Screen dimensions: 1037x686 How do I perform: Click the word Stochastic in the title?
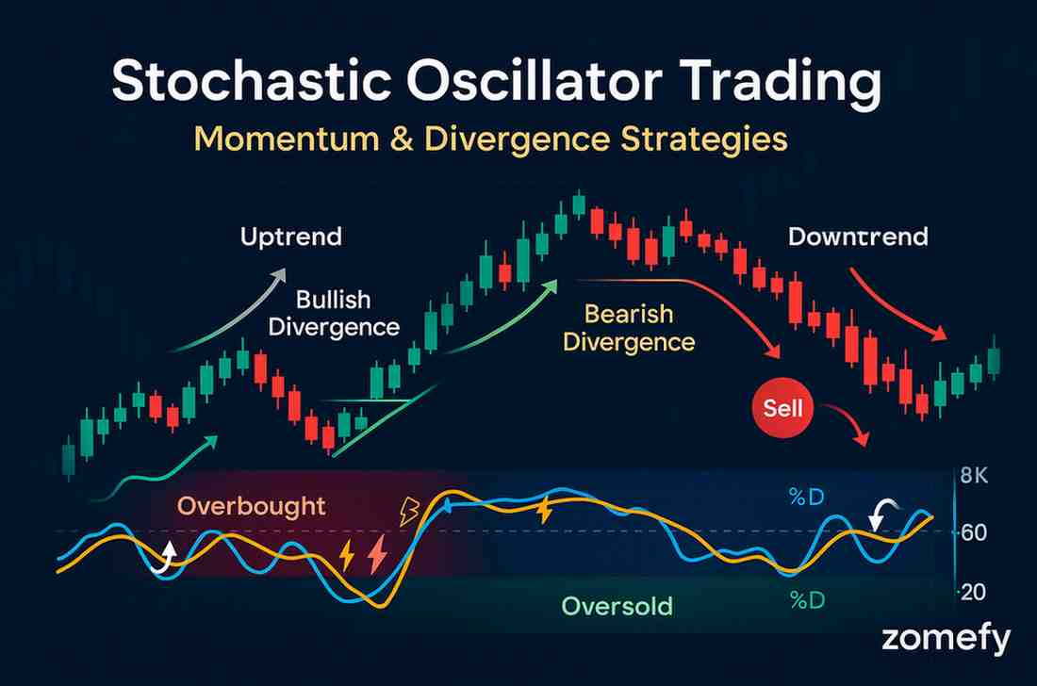pyautogui.click(x=252, y=81)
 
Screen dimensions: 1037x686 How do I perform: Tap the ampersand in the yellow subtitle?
pyautogui.click(x=402, y=139)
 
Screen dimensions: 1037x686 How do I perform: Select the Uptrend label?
pyautogui.click(x=291, y=237)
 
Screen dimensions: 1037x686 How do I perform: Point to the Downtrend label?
pyautogui.click(x=858, y=237)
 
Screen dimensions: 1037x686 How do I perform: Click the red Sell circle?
pyautogui.click(x=783, y=408)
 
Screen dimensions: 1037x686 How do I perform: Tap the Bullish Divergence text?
pyautogui.click(x=334, y=313)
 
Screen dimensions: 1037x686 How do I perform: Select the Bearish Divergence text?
pyautogui.click(x=629, y=328)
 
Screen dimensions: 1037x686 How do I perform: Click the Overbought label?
pyautogui.click(x=252, y=506)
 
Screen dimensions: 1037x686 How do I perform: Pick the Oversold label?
pyautogui.click(x=617, y=605)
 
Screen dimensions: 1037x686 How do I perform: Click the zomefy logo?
pyautogui.click(x=946, y=639)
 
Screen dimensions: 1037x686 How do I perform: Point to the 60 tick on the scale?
pyautogui.click(x=974, y=532)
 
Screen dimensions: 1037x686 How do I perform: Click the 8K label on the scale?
pyautogui.click(x=974, y=475)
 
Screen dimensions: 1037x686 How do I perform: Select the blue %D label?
pyautogui.click(x=807, y=497)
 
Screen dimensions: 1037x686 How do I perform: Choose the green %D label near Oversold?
pyautogui.click(x=807, y=600)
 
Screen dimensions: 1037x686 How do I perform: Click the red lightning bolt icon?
pyautogui.click(x=378, y=554)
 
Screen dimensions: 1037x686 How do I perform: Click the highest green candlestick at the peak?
pyautogui.click(x=579, y=204)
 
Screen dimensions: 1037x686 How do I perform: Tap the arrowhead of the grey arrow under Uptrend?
pyautogui.click(x=280, y=273)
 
